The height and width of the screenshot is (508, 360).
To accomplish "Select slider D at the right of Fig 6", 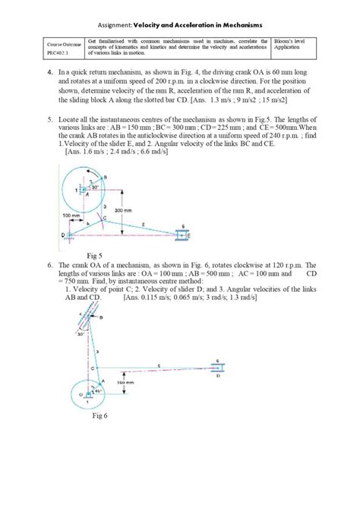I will coord(219,369).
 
